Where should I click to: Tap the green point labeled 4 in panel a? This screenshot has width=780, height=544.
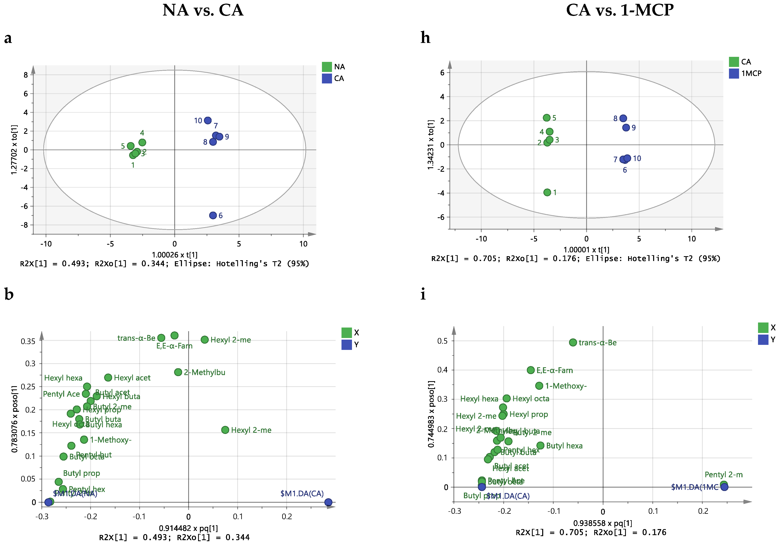point(142,143)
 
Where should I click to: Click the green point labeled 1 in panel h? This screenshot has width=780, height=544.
point(547,192)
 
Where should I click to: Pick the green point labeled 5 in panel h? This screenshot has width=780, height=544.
point(547,118)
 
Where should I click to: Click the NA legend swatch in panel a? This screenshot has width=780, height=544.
point(327,67)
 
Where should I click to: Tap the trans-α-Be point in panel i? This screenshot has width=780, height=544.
point(573,342)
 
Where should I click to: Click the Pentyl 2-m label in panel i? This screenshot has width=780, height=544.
point(724,474)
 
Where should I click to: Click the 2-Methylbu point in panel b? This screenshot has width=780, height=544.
point(178,372)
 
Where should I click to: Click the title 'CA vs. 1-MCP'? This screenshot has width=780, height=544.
point(620,10)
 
